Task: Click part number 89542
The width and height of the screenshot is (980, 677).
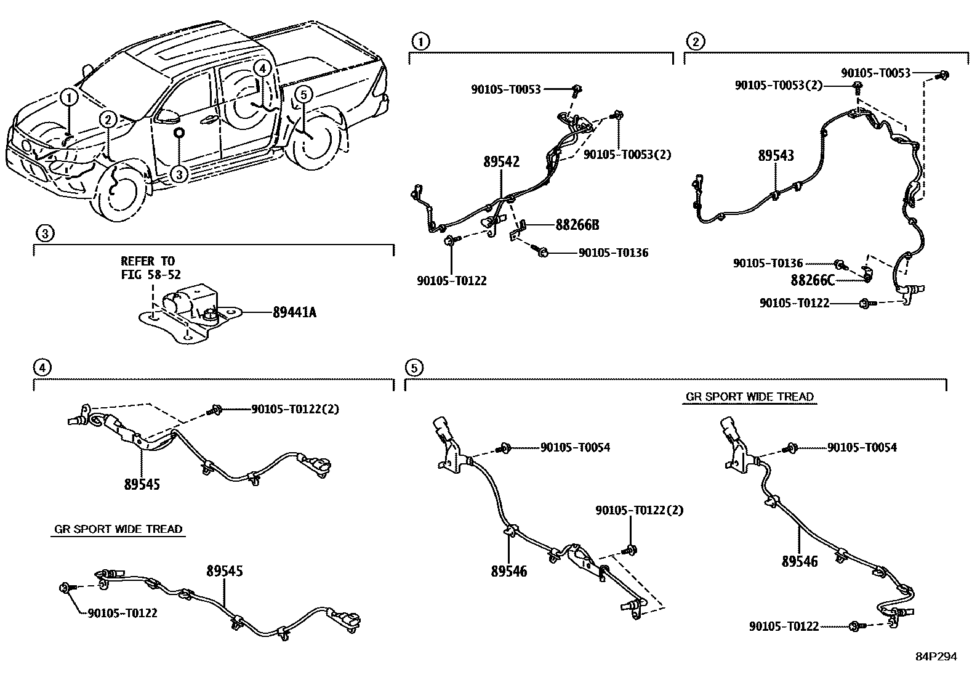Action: pyautogui.click(x=501, y=162)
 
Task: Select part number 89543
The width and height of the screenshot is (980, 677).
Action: pyautogui.click(x=776, y=155)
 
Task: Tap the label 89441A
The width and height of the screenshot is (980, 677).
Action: pyautogui.click(x=294, y=312)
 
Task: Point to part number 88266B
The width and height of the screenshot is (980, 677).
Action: pyautogui.click(x=577, y=225)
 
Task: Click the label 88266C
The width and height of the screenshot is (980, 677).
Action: pyautogui.click(x=813, y=280)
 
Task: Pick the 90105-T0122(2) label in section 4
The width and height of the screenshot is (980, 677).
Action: pyautogui.click(x=295, y=408)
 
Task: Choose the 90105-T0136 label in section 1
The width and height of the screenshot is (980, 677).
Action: pyautogui.click(x=612, y=253)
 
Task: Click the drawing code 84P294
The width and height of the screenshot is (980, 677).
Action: pyautogui.click(x=935, y=657)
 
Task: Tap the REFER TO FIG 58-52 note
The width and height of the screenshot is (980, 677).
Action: pyautogui.click(x=151, y=268)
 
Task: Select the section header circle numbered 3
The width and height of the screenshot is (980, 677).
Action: pyautogui.click(x=44, y=233)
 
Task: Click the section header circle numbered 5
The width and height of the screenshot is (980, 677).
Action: pyautogui.click(x=413, y=368)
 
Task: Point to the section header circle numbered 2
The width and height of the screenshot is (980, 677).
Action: pyautogui.click(x=695, y=42)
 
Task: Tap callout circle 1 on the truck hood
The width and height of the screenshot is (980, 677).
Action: pyautogui.click(x=69, y=97)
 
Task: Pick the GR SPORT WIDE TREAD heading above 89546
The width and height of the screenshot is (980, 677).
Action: pyautogui.click(x=749, y=397)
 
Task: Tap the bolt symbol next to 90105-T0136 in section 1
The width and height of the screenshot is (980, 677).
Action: pyautogui.click(x=542, y=251)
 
